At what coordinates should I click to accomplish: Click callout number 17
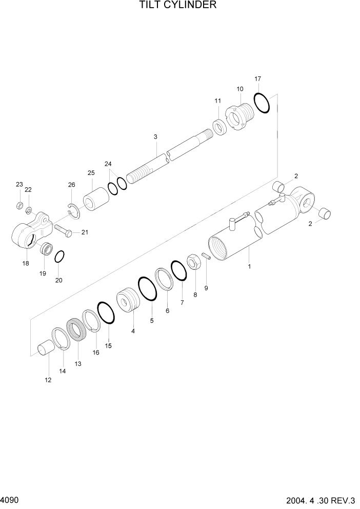click(x=258, y=79)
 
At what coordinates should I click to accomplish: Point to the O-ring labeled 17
click(x=262, y=102)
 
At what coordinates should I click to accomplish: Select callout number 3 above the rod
click(x=155, y=136)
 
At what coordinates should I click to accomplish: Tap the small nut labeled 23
click(x=19, y=205)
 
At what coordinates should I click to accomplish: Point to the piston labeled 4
click(x=129, y=301)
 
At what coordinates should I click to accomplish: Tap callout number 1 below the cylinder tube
click(x=250, y=266)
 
